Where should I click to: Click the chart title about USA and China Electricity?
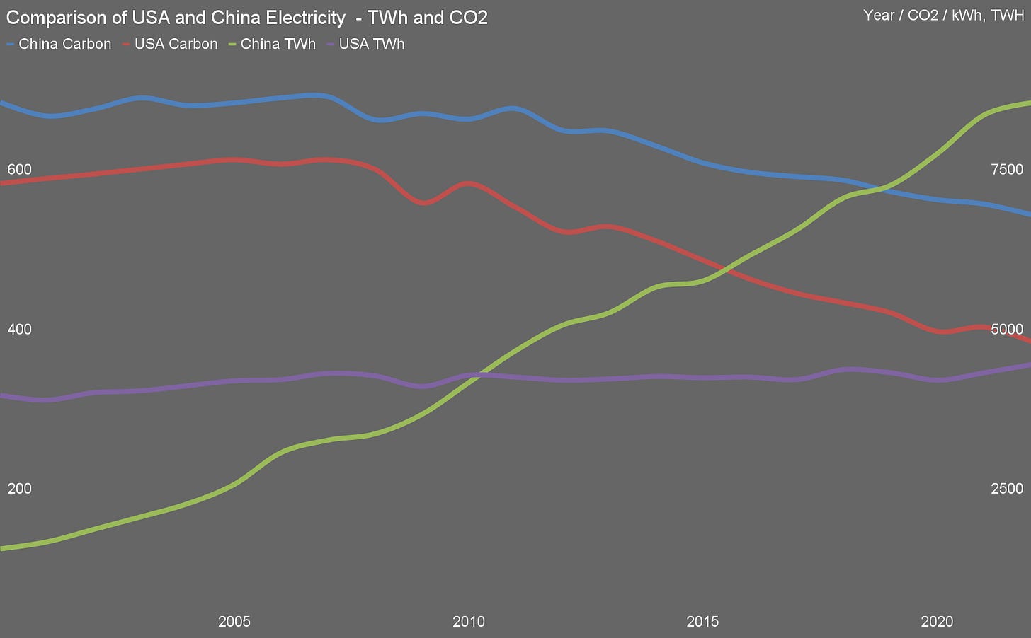[x=246, y=18]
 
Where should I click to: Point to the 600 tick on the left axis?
[x=19, y=170]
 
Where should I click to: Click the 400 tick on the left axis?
[x=19, y=330]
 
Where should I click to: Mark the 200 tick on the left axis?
[x=19, y=489]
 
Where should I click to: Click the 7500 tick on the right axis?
[x=1007, y=170]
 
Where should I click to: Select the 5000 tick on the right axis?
[x=1007, y=330]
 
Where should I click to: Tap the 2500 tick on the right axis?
[x=1007, y=489]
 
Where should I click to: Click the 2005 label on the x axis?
[x=234, y=622]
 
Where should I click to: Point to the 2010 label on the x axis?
[x=469, y=622]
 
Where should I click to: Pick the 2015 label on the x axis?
[x=702, y=622]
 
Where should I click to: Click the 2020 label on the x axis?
[x=937, y=622]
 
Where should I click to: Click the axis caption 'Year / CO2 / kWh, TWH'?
[x=943, y=16]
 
